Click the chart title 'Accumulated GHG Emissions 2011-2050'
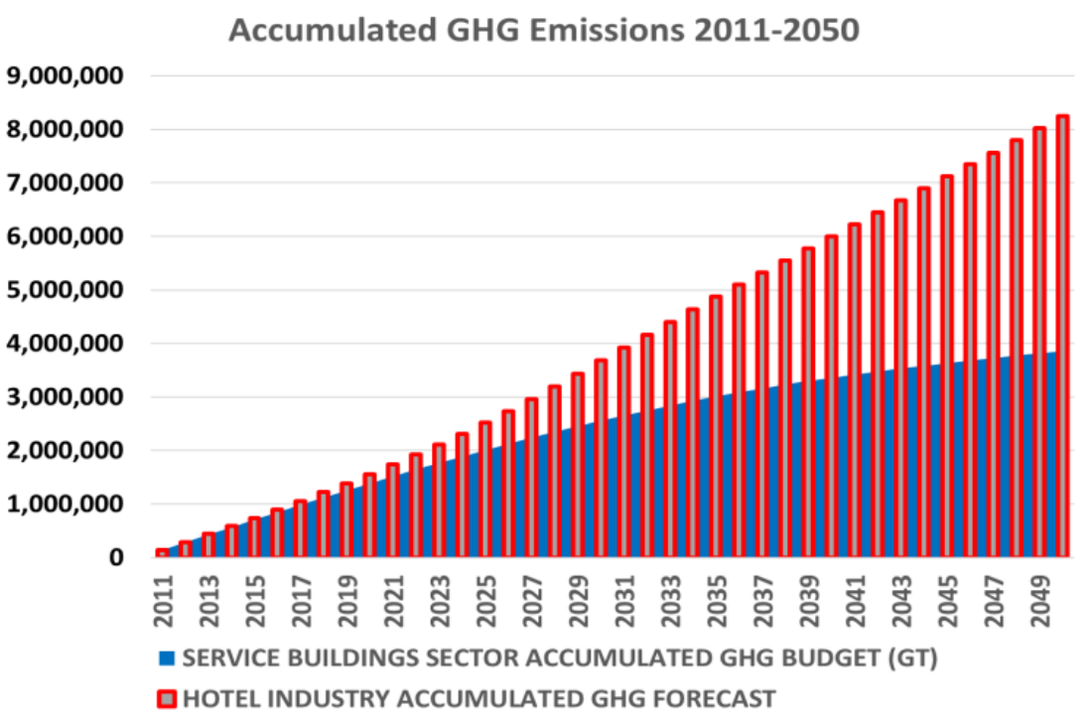[x=544, y=30]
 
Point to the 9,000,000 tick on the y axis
[x=68, y=76]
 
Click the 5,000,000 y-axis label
[x=68, y=290]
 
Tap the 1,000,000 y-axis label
[x=68, y=505]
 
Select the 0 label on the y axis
[x=116, y=558]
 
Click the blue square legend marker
[x=166, y=657]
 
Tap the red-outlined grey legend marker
[x=166, y=699]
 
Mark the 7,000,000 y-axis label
[x=68, y=184]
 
